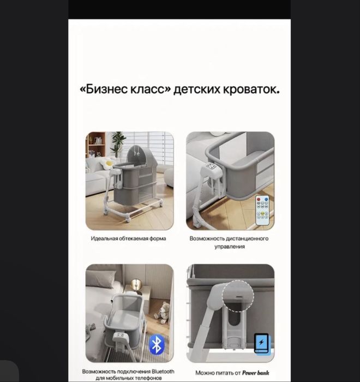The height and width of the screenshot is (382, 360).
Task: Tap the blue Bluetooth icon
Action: pyautogui.click(x=158, y=344)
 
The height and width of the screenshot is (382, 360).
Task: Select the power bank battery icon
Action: pyautogui.click(x=262, y=343)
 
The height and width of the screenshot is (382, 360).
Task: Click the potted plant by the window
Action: pyautogui.click(x=118, y=144)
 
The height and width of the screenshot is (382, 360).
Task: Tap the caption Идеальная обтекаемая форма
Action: pyautogui.click(x=129, y=238)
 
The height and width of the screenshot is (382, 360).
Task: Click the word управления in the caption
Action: pyautogui.click(x=229, y=247)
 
